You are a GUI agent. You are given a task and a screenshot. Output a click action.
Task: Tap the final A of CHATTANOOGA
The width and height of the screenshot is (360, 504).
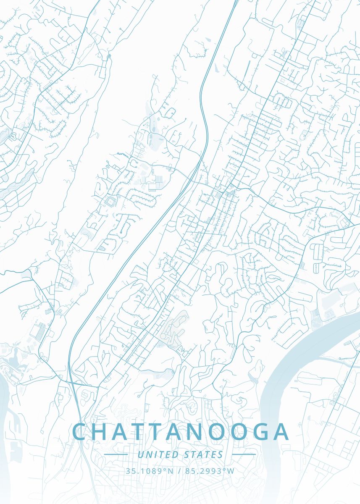pyautogui.click(x=280, y=432)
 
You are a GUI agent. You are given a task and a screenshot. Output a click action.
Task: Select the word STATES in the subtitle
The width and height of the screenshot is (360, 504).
pyautogui.click(x=203, y=455)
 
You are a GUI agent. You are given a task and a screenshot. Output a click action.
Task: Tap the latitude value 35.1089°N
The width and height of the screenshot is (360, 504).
pyautogui.click(x=149, y=471)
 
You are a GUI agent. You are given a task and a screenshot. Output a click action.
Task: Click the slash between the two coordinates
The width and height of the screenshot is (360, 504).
pyautogui.click(x=180, y=471)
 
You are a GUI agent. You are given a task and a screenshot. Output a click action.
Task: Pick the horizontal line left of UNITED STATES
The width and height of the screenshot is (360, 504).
pyautogui.click(x=116, y=454)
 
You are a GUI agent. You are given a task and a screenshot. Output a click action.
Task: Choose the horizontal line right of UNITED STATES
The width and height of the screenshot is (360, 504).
pyautogui.click(x=244, y=454)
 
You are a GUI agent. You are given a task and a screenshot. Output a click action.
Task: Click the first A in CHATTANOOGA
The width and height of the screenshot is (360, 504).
pyautogui.click(x=126, y=432)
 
